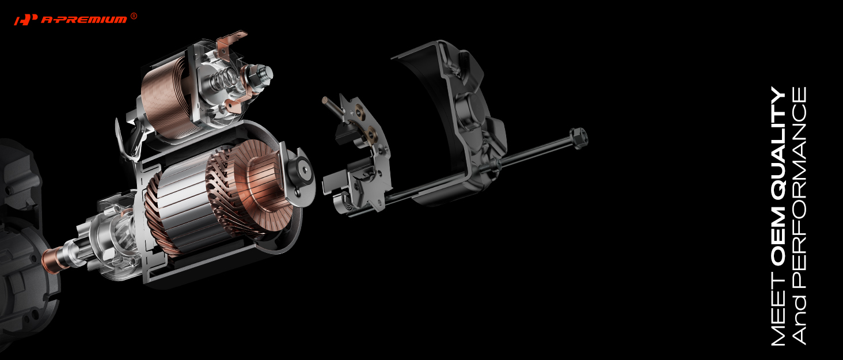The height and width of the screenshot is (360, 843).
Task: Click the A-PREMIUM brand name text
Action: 84,20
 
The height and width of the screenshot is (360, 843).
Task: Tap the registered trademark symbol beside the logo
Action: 134,16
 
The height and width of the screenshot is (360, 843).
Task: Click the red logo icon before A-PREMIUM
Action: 26,20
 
